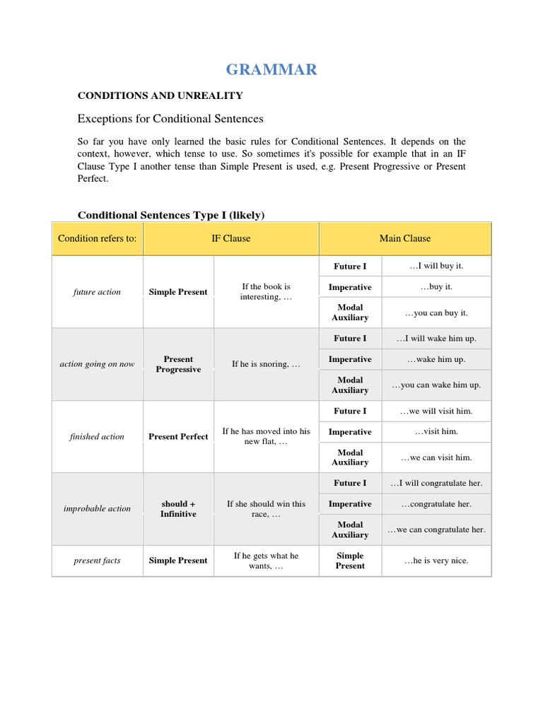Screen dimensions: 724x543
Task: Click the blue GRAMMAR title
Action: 271,69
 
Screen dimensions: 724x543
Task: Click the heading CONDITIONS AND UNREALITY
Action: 160,95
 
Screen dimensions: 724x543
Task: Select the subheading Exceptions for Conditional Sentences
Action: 170,118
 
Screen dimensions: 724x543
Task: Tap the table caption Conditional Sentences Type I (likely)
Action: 171,214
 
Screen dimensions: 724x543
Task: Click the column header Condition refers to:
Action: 98,238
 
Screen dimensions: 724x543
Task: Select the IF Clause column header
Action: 231,238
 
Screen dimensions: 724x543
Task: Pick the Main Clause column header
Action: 404,238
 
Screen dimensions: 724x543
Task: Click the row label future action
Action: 97,292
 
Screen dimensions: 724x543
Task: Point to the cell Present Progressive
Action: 178,364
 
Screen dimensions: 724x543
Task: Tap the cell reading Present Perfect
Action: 178,436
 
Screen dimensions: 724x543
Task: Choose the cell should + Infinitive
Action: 178,509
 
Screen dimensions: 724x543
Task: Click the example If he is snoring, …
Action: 266,364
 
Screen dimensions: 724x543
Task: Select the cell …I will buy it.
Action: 436,266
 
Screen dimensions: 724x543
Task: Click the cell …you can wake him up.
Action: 436,385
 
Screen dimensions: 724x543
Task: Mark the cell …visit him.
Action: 436,431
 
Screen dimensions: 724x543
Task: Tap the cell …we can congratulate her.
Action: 436,530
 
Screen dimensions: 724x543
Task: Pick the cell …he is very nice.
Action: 436,561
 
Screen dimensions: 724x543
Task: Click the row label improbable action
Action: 97,508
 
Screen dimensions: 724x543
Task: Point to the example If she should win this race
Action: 266,509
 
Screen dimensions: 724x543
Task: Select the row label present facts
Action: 97,561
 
